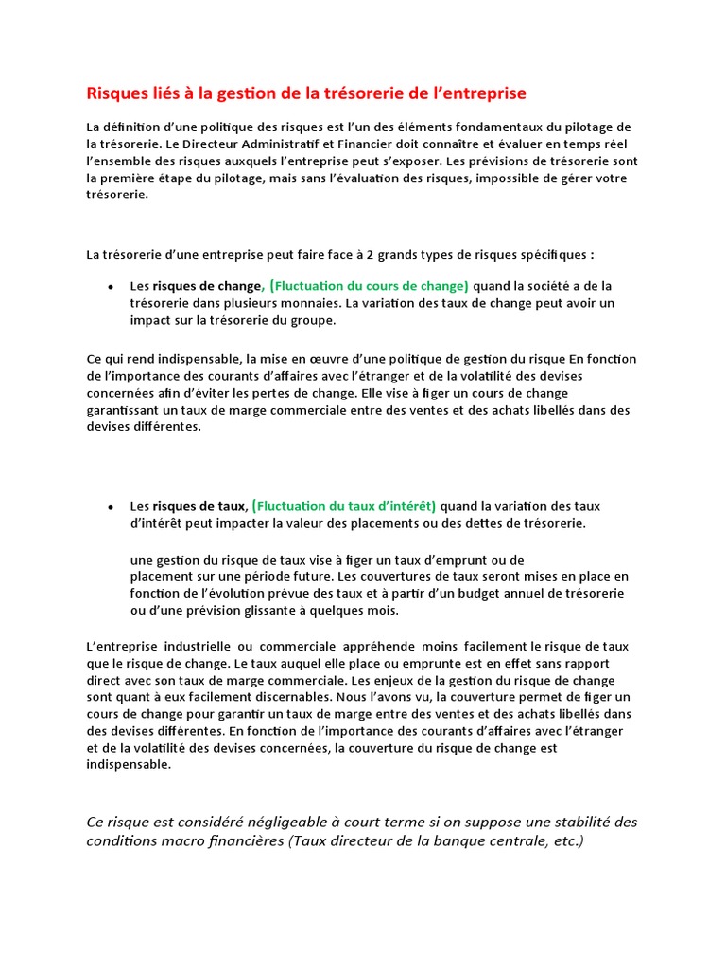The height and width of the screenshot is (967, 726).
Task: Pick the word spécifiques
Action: (552, 255)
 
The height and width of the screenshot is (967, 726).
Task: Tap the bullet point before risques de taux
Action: (111, 507)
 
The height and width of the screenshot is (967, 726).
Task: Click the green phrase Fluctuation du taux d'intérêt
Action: (346, 506)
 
